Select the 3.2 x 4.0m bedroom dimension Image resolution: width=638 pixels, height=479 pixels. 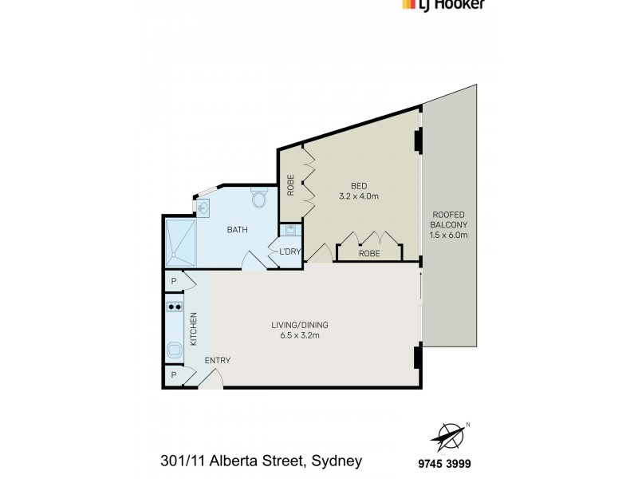coord(360,196)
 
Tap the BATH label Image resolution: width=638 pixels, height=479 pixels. coord(237,230)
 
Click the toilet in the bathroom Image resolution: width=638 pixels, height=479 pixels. coord(258,197)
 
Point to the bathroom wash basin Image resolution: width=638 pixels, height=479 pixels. coord(203,208)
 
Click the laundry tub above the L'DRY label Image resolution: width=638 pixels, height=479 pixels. coord(291,232)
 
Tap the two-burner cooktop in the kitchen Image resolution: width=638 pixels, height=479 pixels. coord(175,307)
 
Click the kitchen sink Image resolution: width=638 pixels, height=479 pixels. coord(175,348)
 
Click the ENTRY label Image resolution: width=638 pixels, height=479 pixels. coord(217,361)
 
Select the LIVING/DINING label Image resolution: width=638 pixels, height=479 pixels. coord(299,325)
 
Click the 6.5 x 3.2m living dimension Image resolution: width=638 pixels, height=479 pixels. coord(299,336)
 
